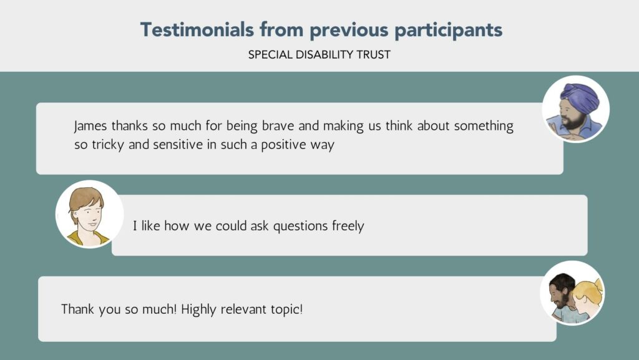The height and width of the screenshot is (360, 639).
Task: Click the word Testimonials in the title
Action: click(x=197, y=30)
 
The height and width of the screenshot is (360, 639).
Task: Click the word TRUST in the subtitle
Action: click(x=374, y=54)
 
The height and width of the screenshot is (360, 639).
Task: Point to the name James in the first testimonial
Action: click(x=90, y=126)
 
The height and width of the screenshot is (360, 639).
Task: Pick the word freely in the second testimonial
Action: click(x=348, y=226)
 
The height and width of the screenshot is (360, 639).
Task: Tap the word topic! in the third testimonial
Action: click(x=287, y=309)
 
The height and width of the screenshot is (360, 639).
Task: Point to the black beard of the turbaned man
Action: click(x=575, y=119)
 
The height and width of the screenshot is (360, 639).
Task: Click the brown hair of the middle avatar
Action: click(x=85, y=200)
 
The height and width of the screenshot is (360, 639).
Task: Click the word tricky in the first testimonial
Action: click(x=108, y=145)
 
